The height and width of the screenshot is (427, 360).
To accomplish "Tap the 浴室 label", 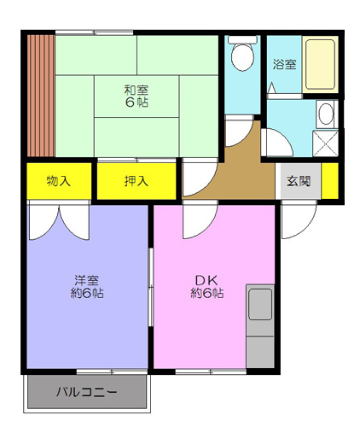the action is pyautogui.click(x=284, y=64).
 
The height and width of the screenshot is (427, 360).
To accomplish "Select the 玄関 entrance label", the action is pyautogui.click(x=299, y=181).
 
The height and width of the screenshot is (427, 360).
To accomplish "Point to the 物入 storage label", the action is pyautogui.click(x=59, y=181).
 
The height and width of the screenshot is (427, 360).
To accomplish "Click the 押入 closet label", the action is pyautogui.click(x=136, y=181).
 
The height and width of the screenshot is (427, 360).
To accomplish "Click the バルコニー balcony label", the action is pyautogui.click(x=86, y=392).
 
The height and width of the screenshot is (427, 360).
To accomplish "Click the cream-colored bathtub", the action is pyautogui.click(x=320, y=65).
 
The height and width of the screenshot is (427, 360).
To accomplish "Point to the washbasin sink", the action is pyautogui.click(x=326, y=114).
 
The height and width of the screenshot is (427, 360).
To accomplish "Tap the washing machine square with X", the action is pyautogui.click(x=325, y=143).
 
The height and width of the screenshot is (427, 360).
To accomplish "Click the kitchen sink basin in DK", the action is pyautogui.click(x=260, y=304).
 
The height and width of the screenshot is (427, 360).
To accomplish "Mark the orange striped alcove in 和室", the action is pyautogui.click(x=41, y=96).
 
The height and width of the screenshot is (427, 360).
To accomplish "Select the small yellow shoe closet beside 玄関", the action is pyautogui.click(x=330, y=181).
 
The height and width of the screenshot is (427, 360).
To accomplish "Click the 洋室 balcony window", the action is pyautogui.click(x=112, y=371).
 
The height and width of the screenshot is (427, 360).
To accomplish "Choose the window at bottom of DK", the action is pyautogui.click(x=211, y=371).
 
